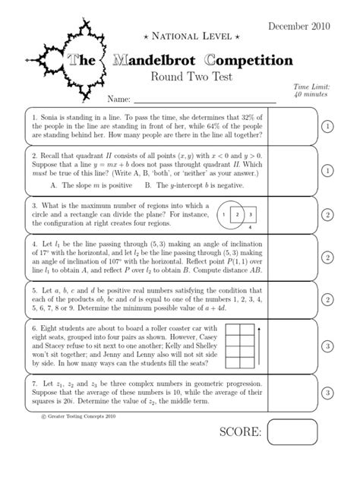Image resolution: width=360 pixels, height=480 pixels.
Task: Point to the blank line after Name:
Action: click(x=205, y=99)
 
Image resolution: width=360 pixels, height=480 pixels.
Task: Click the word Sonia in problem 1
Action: click(x=55, y=119)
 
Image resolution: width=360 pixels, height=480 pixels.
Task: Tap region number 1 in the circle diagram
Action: click(x=224, y=215)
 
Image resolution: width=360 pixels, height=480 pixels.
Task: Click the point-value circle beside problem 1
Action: click(x=325, y=126)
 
